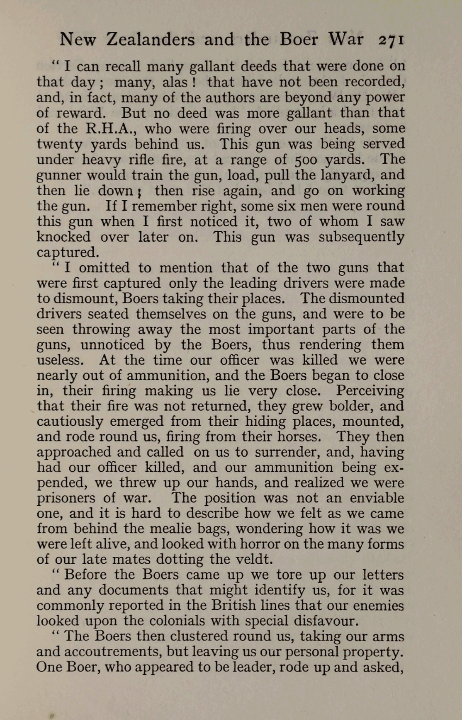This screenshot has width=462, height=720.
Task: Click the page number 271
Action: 390,40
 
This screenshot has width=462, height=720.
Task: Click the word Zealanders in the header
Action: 150,40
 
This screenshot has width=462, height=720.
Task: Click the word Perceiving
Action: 370,390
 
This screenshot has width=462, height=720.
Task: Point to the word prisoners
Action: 66,498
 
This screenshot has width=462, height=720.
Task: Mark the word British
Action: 233,606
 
